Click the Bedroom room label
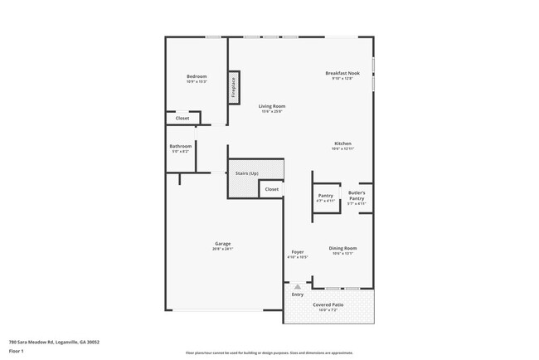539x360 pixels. pos(197,76)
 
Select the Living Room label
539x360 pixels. pos(272,106)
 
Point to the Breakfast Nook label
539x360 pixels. pos(342,73)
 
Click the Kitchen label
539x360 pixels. pos(342,143)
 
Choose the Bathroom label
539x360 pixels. pos(181,146)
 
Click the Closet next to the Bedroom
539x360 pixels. pos(182,119)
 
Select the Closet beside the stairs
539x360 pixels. pos(272,190)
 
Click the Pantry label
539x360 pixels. pos(325,196)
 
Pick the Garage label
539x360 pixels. pos(222,243)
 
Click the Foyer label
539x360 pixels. pos(298,251)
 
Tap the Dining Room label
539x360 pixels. pos(342,248)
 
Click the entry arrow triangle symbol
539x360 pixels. pos(298,285)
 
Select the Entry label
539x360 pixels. pos(298,294)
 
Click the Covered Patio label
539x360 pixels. pos(328,305)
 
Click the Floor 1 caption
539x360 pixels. pos(16,351)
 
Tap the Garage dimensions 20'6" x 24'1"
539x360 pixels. pos(222,249)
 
